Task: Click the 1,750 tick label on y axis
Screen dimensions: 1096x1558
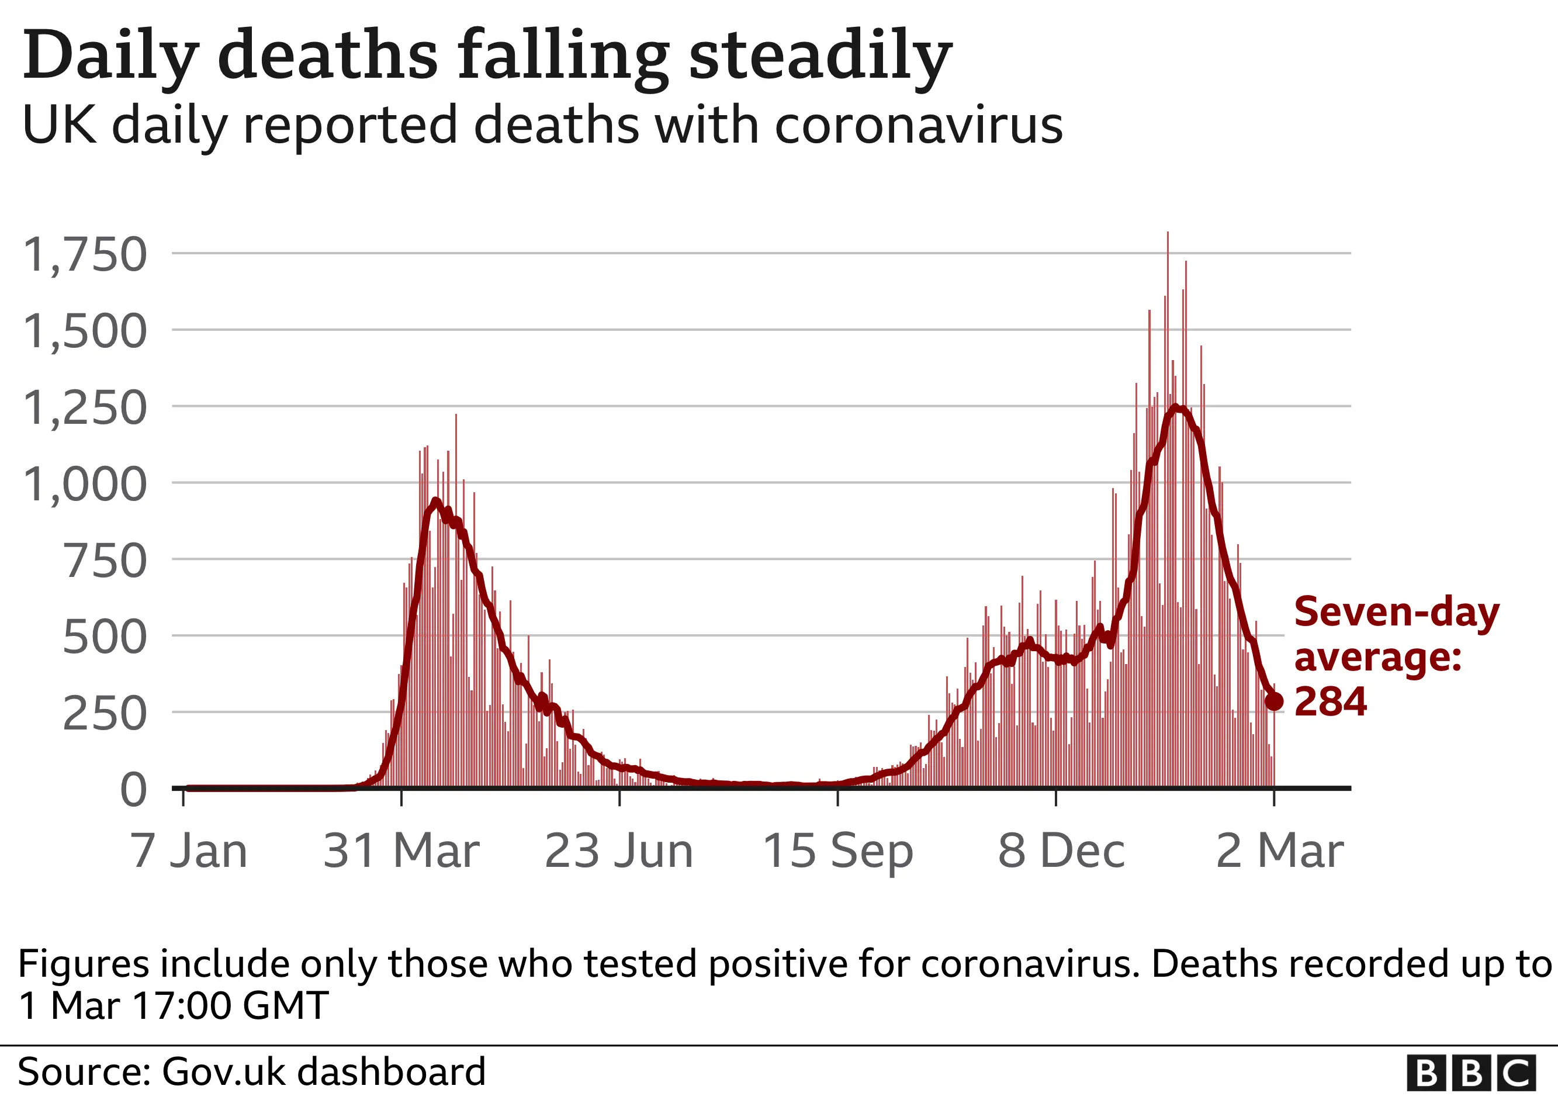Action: point(85,255)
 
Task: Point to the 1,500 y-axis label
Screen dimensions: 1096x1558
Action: point(85,332)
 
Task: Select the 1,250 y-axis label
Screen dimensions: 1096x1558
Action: point(85,409)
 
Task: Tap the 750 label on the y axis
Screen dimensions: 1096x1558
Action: point(105,562)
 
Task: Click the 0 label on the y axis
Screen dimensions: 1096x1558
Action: point(134,791)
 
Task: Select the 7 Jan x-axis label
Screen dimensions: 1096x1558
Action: point(189,851)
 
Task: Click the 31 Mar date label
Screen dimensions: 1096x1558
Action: point(401,851)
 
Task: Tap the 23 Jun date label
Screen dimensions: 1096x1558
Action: point(619,851)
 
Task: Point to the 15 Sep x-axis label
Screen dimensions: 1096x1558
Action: point(837,851)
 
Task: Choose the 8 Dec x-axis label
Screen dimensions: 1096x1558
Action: point(1061,851)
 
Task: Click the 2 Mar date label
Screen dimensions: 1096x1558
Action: point(1279,851)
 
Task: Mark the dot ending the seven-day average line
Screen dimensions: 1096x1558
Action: point(1275,701)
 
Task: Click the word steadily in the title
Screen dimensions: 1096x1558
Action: point(820,56)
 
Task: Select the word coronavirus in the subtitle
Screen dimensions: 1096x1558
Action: point(918,126)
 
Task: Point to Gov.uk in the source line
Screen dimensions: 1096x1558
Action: point(224,1072)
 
